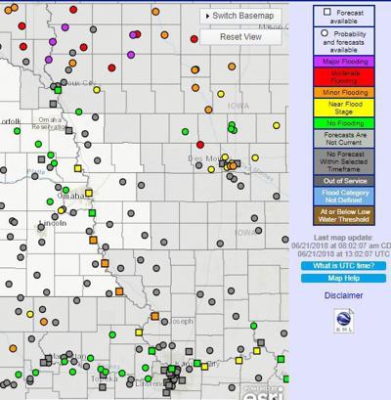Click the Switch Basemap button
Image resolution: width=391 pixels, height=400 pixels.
click(239, 16)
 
